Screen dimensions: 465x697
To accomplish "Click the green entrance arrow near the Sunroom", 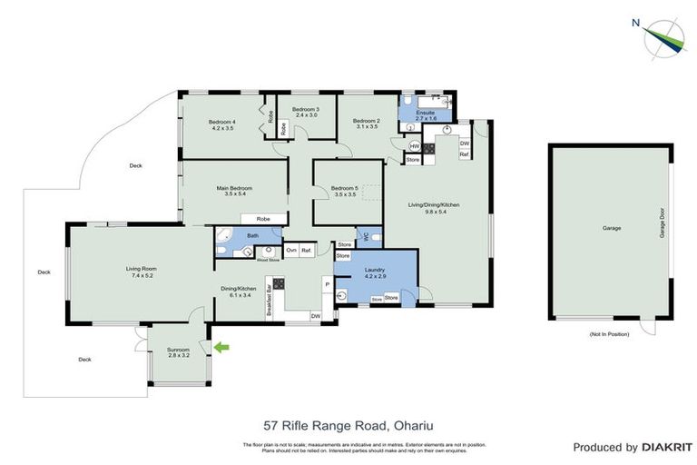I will [221, 346].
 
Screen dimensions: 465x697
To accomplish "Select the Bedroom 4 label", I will [222, 122].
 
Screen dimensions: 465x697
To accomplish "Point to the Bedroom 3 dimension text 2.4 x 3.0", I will [306, 115].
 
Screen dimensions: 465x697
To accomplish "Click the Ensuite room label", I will [426, 112].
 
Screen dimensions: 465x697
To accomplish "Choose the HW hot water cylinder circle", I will [414, 146].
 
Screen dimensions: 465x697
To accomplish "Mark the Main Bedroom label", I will [234, 188].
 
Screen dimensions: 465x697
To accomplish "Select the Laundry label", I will [376, 270].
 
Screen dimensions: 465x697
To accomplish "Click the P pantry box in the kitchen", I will [326, 284].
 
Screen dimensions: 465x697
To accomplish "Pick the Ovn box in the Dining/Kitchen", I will [291, 250].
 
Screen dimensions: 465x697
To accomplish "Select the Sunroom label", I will [179, 350].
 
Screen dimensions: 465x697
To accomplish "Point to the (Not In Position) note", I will [609, 335].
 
